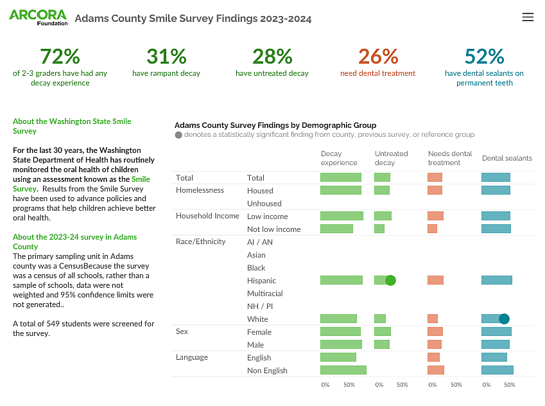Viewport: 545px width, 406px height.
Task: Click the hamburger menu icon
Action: (528, 17)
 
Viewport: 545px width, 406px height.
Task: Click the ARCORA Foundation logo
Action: (38, 17)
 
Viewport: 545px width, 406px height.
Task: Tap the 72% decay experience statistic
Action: (60, 57)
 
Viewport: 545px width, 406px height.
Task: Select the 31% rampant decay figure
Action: (166, 57)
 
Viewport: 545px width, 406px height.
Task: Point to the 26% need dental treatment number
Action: (377, 57)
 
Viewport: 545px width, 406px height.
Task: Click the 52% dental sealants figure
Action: (484, 57)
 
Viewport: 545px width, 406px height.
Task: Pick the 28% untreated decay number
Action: (272, 57)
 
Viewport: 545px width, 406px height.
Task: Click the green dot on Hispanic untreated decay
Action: (390, 280)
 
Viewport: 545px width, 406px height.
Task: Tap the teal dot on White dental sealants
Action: (504, 319)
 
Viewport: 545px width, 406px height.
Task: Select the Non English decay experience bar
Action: (343, 370)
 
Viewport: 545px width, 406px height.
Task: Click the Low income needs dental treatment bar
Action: (435, 216)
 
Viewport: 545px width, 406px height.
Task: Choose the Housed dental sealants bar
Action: (496, 190)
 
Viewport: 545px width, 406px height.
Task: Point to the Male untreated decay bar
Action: (382, 344)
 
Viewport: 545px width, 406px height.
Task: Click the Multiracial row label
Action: (264, 294)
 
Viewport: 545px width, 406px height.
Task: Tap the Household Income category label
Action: (207, 216)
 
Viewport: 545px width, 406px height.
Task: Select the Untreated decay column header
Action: (391, 158)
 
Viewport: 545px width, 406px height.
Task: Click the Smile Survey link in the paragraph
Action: (141, 179)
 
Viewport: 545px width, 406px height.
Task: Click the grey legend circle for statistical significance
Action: (178, 135)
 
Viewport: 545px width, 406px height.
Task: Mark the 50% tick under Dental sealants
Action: (509, 385)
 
